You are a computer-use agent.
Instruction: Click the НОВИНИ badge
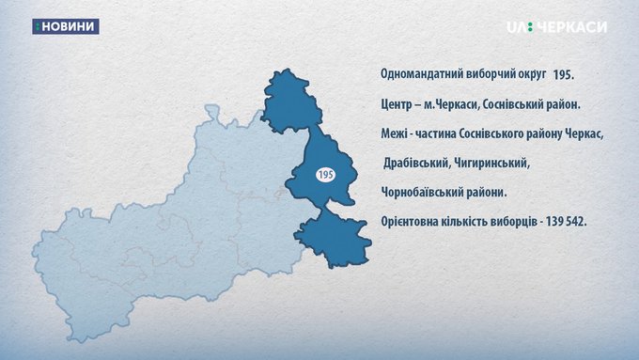point(66,26)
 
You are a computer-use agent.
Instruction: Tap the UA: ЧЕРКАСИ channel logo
point(556,27)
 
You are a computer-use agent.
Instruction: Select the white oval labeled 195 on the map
point(326,175)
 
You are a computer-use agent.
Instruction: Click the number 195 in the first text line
point(564,75)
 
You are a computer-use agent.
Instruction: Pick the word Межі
point(394,133)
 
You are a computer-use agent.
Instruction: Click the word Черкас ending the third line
point(584,133)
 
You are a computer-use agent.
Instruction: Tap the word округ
point(531,74)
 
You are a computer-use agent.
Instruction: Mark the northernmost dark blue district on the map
point(291,102)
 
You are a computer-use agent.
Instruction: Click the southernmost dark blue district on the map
point(334,239)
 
